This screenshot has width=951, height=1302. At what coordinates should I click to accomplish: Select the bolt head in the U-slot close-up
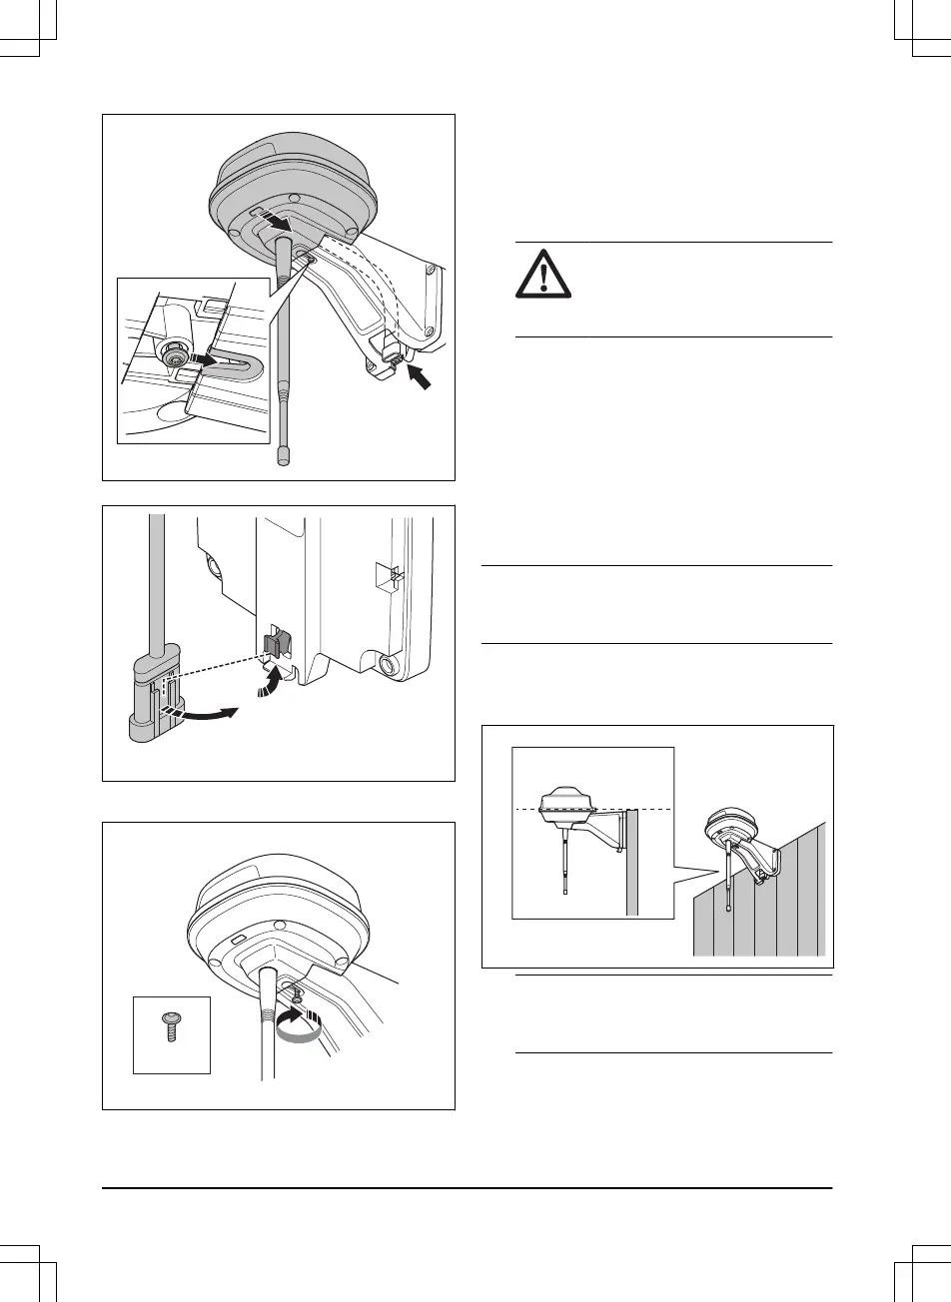tap(176, 356)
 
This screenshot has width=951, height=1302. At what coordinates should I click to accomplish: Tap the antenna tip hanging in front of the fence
tap(730, 909)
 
